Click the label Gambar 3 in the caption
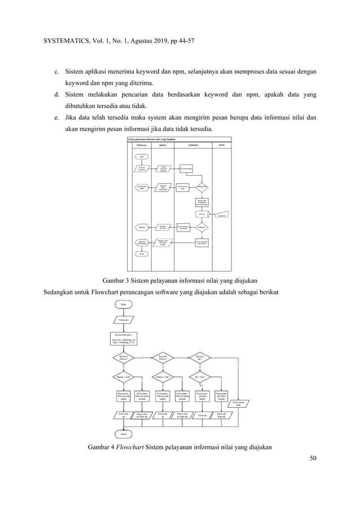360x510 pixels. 116,279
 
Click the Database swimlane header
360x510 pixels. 192,145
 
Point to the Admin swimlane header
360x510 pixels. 221,145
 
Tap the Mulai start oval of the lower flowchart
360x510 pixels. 124,305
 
